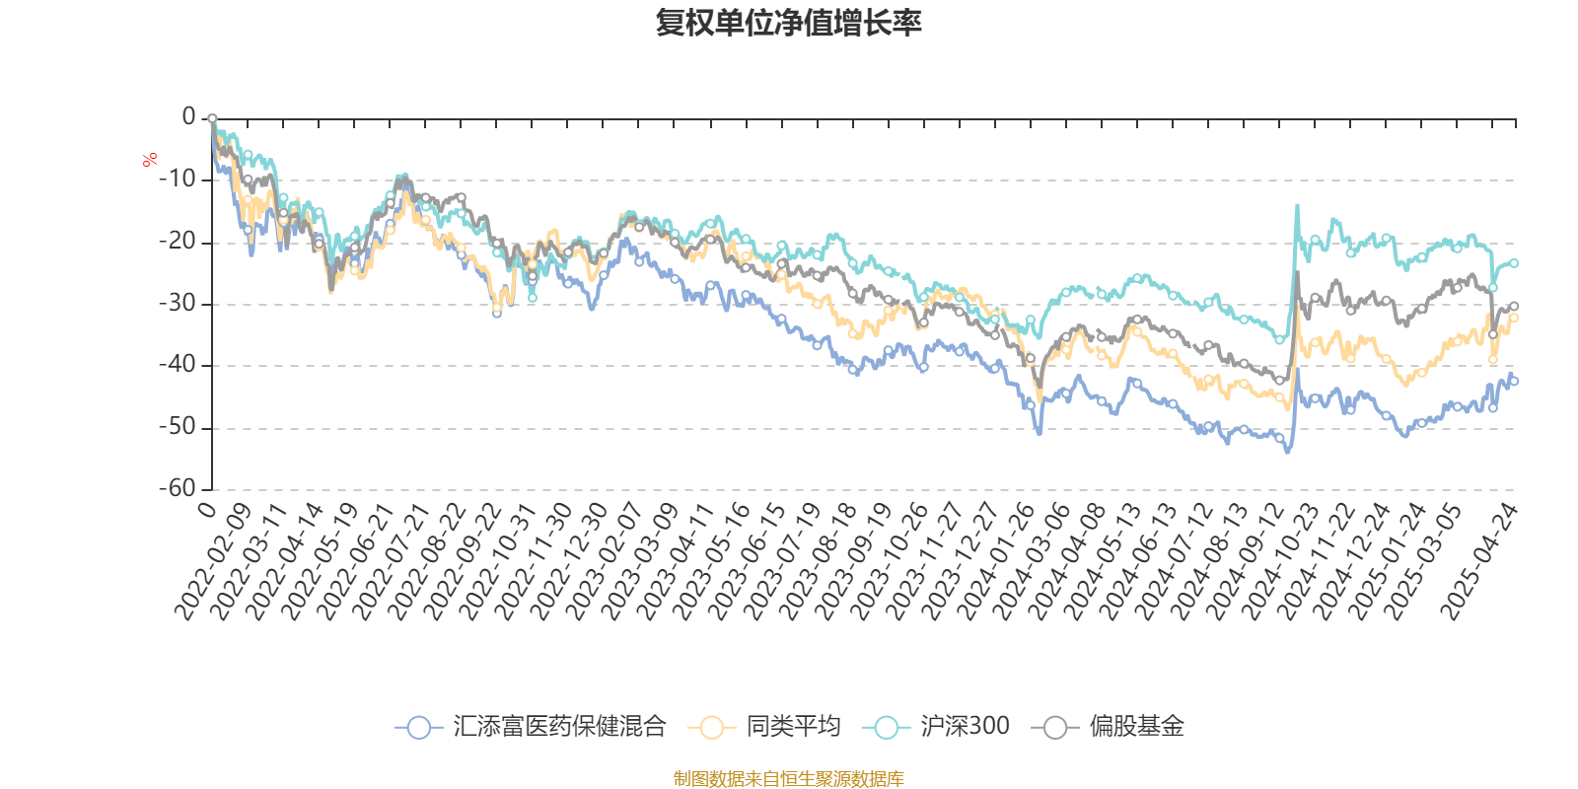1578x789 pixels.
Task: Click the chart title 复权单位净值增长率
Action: [788, 23]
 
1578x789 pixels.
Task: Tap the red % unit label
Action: [150, 159]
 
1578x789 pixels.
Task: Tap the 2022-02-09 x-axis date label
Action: [213, 562]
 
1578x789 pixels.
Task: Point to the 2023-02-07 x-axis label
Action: [605, 562]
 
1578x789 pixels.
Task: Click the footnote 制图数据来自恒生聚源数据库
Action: [788, 779]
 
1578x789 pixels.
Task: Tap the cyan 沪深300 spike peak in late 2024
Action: [1297, 205]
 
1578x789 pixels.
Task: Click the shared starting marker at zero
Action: [212, 118]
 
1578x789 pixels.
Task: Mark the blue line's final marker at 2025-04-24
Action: [1514, 381]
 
